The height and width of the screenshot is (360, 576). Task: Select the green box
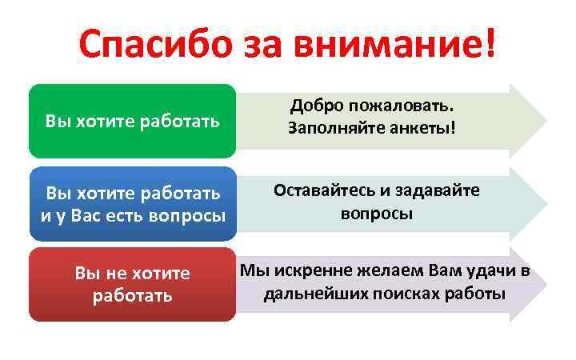pyautogui.click(x=133, y=121)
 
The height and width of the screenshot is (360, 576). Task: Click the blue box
pyautogui.click(x=133, y=204)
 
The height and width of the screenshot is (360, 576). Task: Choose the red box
pyautogui.click(x=133, y=284)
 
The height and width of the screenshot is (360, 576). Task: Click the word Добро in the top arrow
pyautogui.click(x=316, y=106)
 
